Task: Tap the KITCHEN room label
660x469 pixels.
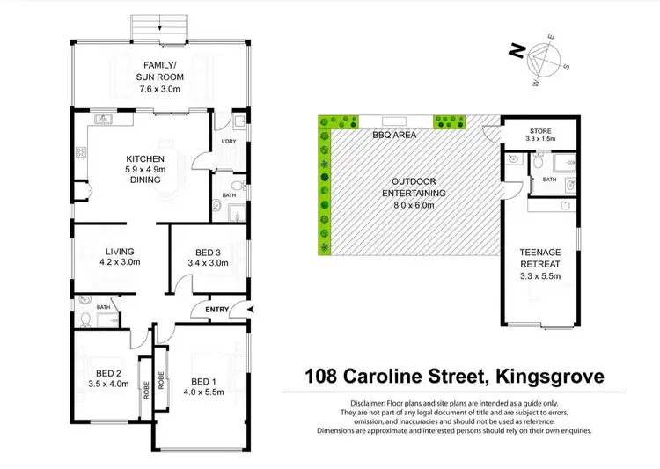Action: [145, 158]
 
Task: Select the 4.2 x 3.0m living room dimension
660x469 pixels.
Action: [118, 261]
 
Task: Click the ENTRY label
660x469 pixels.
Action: [216, 310]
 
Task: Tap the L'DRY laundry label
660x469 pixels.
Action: [226, 142]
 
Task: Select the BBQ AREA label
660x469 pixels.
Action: [393, 136]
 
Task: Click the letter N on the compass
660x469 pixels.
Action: [513, 51]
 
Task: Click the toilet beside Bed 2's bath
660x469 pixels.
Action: [84, 318]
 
